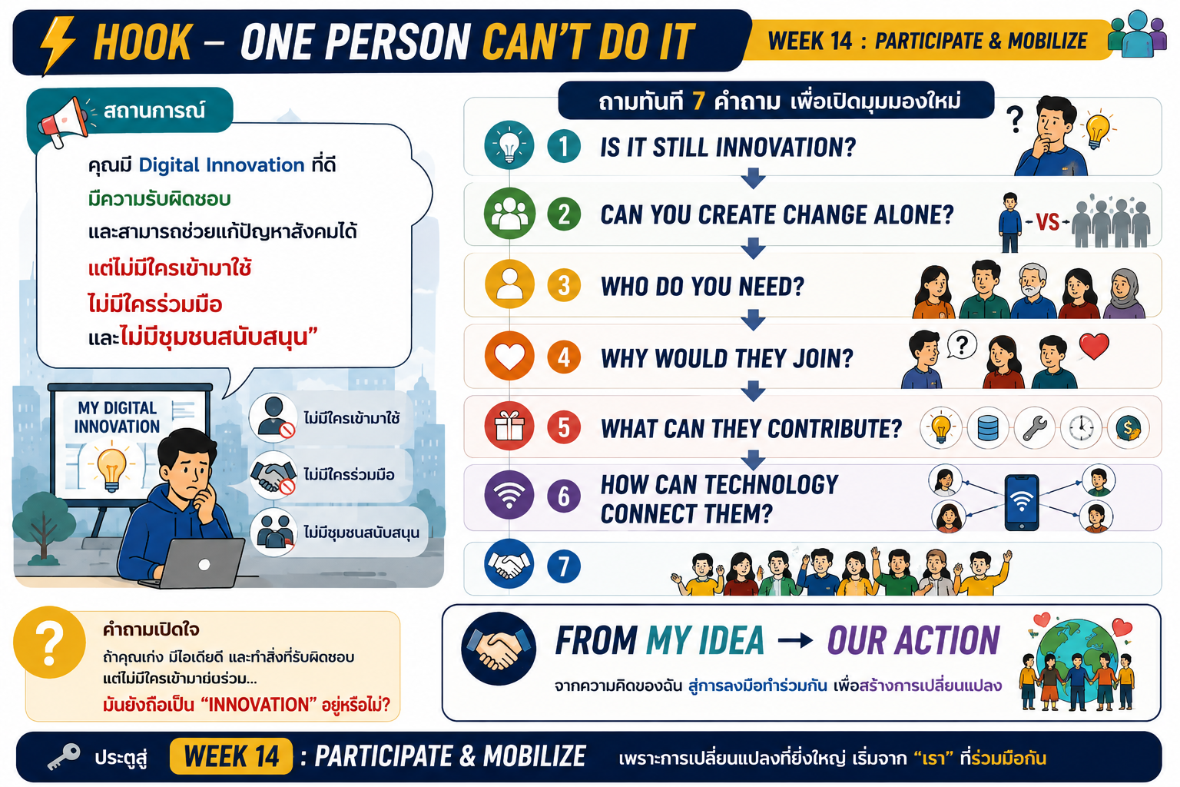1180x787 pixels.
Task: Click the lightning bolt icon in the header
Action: [57, 45]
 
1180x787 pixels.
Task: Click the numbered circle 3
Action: [564, 286]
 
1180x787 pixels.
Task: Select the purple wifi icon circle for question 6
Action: [509, 495]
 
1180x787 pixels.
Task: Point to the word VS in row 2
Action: [1047, 222]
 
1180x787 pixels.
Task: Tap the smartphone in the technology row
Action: [1022, 503]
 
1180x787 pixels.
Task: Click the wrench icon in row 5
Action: [1035, 428]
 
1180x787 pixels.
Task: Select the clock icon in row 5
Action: [1081, 428]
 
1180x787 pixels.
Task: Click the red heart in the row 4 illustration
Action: [1094, 346]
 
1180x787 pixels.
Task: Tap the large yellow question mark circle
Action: [49, 643]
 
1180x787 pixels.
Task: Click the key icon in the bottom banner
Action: [64, 757]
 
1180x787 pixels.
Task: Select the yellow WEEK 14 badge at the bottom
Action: [231, 756]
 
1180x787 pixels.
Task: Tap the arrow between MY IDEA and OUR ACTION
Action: [795, 640]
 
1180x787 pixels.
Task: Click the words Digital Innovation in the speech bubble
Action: [221, 165]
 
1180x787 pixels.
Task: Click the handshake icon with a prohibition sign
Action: [273, 475]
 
